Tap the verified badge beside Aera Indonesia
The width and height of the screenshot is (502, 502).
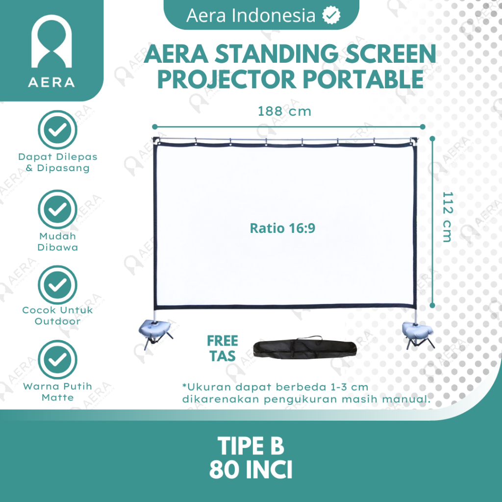(331, 15)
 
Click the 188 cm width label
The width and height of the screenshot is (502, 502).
(284, 111)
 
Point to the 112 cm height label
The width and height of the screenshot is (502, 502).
(448, 217)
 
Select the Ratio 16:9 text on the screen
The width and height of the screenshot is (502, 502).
(282, 228)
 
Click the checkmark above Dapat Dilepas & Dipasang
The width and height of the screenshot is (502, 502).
(58, 129)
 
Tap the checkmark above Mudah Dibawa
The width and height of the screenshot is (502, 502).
(58, 209)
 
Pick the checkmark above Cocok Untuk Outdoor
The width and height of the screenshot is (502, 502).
(58, 285)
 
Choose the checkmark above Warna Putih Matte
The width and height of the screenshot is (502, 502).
(58, 359)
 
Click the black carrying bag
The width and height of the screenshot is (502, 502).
(305, 348)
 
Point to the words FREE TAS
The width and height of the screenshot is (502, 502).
(223, 349)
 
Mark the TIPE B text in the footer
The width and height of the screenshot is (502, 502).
(251, 446)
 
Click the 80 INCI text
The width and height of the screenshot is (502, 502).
(251, 470)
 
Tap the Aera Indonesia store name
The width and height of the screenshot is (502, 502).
(251, 15)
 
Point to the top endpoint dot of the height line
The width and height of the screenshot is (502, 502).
(432, 139)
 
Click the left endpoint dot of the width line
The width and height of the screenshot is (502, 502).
(154, 127)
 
